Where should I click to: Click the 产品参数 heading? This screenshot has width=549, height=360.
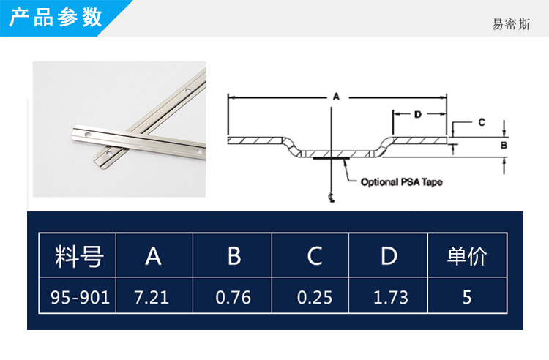click(x=56, y=18)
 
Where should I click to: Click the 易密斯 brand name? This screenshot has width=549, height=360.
click(x=511, y=24)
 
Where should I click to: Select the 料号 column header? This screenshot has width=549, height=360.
click(x=79, y=256)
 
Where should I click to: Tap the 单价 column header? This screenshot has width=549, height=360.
click(x=467, y=256)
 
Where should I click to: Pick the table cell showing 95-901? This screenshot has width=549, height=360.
click(x=81, y=297)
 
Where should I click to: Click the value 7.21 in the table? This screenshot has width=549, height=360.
click(x=152, y=297)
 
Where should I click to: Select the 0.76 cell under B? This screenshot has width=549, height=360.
click(x=234, y=297)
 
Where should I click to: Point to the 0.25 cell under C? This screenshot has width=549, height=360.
click(x=315, y=297)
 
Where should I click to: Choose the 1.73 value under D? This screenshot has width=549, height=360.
click(x=391, y=297)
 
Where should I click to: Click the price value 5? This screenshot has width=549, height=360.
click(x=467, y=297)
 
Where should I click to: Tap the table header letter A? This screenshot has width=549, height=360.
click(x=154, y=256)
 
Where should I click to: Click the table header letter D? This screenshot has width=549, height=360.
click(x=389, y=256)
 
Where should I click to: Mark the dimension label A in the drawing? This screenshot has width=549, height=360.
click(x=336, y=96)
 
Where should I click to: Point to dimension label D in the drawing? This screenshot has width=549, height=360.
click(x=418, y=114)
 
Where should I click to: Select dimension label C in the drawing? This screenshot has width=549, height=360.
click(x=482, y=122)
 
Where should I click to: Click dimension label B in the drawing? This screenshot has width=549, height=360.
click(x=504, y=145)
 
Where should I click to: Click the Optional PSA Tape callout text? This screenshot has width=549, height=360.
click(x=402, y=182)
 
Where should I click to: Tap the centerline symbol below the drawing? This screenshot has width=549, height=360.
click(x=331, y=198)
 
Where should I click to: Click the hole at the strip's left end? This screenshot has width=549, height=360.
click(x=88, y=135)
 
